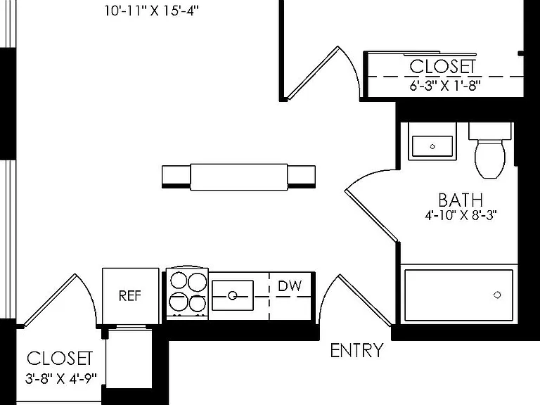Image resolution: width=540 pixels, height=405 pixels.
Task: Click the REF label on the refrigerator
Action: tap(130, 296)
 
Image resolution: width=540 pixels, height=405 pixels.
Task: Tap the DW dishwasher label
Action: tap(290, 286)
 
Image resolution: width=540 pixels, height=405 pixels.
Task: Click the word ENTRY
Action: tap(356, 351)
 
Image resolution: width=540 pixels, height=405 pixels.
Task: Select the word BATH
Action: tap(461, 200)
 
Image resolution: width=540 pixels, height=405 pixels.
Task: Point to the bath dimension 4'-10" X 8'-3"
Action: tap(461, 216)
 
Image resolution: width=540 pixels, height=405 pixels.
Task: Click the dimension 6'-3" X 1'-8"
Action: tap(444, 85)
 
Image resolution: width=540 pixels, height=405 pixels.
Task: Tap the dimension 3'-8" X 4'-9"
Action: tap(60, 378)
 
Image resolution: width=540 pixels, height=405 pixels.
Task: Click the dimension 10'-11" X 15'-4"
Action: tap(152, 11)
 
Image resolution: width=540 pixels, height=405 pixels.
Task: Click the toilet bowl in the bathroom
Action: tap(490, 159)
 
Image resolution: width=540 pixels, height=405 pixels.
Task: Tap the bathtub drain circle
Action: tap(497, 295)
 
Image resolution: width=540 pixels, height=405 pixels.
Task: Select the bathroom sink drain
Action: tap(432, 146)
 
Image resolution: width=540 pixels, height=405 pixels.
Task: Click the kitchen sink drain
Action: tap(233, 295)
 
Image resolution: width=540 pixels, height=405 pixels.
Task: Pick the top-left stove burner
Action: tap(179, 280)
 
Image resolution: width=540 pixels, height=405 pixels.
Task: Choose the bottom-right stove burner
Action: tap(198, 303)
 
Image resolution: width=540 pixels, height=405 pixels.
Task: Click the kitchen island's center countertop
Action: tap(239, 177)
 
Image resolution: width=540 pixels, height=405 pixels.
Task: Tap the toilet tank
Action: tap(489, 131)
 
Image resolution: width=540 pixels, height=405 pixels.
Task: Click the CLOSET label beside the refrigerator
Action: tap(60, 358)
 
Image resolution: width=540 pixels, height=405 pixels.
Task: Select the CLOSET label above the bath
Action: tap(443, 67)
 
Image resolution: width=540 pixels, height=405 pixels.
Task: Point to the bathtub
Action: tap(459, 295)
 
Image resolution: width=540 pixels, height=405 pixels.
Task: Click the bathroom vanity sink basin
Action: tap(432, 146)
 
